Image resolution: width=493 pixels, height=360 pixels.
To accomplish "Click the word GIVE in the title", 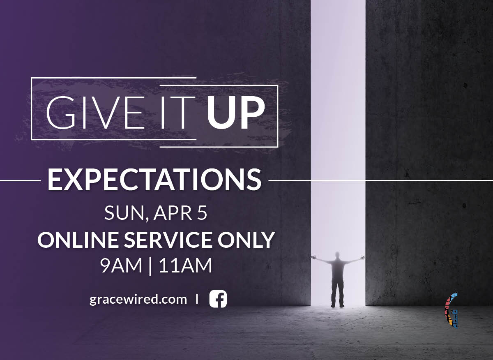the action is (x=95, y=112).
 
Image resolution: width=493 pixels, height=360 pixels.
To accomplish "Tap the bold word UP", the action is (x=236, y=113).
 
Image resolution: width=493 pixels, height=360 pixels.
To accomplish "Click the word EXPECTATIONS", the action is (x=154, y=180).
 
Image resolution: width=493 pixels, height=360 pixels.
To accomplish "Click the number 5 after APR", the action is (x=202, y=213).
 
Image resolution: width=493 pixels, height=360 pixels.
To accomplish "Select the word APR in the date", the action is (x=173, y=213).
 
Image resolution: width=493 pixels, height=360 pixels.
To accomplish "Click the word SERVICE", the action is (x=168, y=240).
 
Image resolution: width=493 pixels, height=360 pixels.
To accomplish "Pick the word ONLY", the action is (x=246, y=240).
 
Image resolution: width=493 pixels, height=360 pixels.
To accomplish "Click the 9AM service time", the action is (x=121, y=266).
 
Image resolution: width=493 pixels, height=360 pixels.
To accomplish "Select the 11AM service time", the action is (x=186, y=266).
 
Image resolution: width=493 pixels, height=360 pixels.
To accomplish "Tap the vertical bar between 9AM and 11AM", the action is (x=150, y=266).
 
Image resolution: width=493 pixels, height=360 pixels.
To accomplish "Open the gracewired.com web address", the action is (x=138, y=300).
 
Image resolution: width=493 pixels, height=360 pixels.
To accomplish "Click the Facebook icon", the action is (x=218, y=299).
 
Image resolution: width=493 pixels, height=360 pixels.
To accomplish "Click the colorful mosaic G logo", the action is (x=452, y=310).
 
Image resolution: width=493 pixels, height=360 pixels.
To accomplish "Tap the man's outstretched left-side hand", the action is (x=313, y=257).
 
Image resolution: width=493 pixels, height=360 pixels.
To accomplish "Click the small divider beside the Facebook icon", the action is (x=197, y=299).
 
